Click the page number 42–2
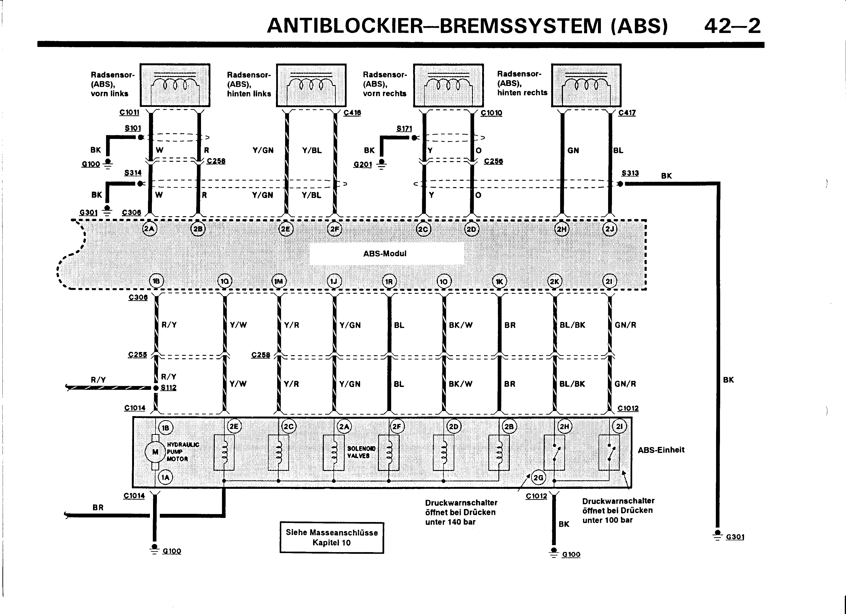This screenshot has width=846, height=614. [732, 26]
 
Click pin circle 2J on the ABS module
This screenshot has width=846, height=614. [610, 229]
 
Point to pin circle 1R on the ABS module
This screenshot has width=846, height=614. [389, 281]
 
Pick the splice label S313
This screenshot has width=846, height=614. [630, 173]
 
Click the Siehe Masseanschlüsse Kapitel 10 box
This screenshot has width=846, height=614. [332, 537]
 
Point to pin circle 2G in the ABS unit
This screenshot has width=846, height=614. [538, 478]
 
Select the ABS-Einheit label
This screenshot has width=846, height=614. [661, 450]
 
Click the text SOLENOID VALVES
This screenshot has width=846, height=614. [361, 452]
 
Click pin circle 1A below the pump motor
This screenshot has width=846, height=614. [165, 477]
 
